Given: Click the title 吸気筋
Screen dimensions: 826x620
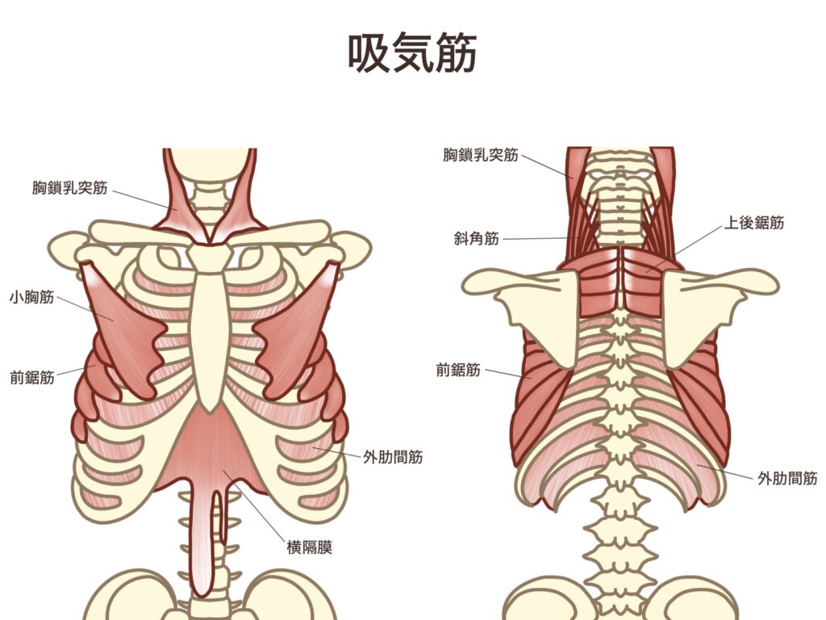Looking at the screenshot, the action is coord(412,52).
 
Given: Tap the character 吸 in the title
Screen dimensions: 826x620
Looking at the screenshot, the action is coord(369,52).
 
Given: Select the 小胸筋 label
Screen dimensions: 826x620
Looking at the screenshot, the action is coord(32,297).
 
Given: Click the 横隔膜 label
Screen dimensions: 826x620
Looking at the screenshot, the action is coord(310,547).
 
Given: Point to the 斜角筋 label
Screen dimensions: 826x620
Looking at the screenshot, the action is coord(476,239).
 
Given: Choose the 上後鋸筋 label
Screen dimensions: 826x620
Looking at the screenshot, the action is coord(754,223).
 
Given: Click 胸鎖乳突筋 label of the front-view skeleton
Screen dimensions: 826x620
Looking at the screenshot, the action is coord(69,187).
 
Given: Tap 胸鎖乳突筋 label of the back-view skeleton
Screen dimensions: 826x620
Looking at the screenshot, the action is coord(481,155).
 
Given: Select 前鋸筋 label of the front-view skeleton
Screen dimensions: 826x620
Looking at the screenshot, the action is coord(32,378).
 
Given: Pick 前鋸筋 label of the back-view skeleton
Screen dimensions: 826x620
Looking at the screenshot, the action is coord(458,370).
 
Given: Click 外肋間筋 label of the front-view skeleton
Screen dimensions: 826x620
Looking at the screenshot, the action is coord(393,457).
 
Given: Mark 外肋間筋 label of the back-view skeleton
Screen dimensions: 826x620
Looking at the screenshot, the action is coord(787,479).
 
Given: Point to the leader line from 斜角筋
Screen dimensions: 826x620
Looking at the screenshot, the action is coord(541,238).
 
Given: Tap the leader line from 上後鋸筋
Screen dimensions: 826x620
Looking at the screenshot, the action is coord(684,249).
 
